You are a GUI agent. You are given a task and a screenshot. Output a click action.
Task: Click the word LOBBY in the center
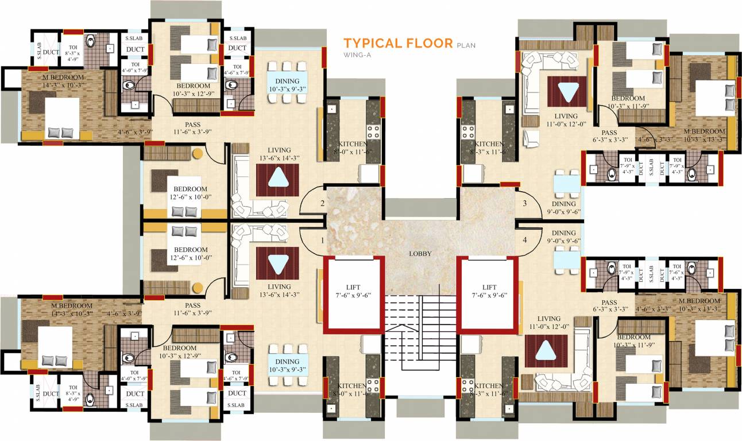pos(420,253)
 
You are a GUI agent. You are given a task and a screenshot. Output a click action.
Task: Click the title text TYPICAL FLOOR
pos(398,43)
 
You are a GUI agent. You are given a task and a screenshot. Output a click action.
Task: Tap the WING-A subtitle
pos(356,55)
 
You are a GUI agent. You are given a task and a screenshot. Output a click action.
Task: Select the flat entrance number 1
pos(323,240)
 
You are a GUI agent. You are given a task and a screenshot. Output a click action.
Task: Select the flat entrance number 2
pos(323,203)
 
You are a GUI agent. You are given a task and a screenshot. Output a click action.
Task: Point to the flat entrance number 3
pos(524,203)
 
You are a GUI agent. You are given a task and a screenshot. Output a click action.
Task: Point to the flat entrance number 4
pos(524,240)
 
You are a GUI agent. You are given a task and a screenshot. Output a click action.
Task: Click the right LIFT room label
pos(489,291)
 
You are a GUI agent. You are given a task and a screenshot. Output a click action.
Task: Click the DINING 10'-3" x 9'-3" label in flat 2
pos(287,85)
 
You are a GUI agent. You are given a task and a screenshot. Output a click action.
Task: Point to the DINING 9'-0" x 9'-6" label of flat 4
pos(563,237)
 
